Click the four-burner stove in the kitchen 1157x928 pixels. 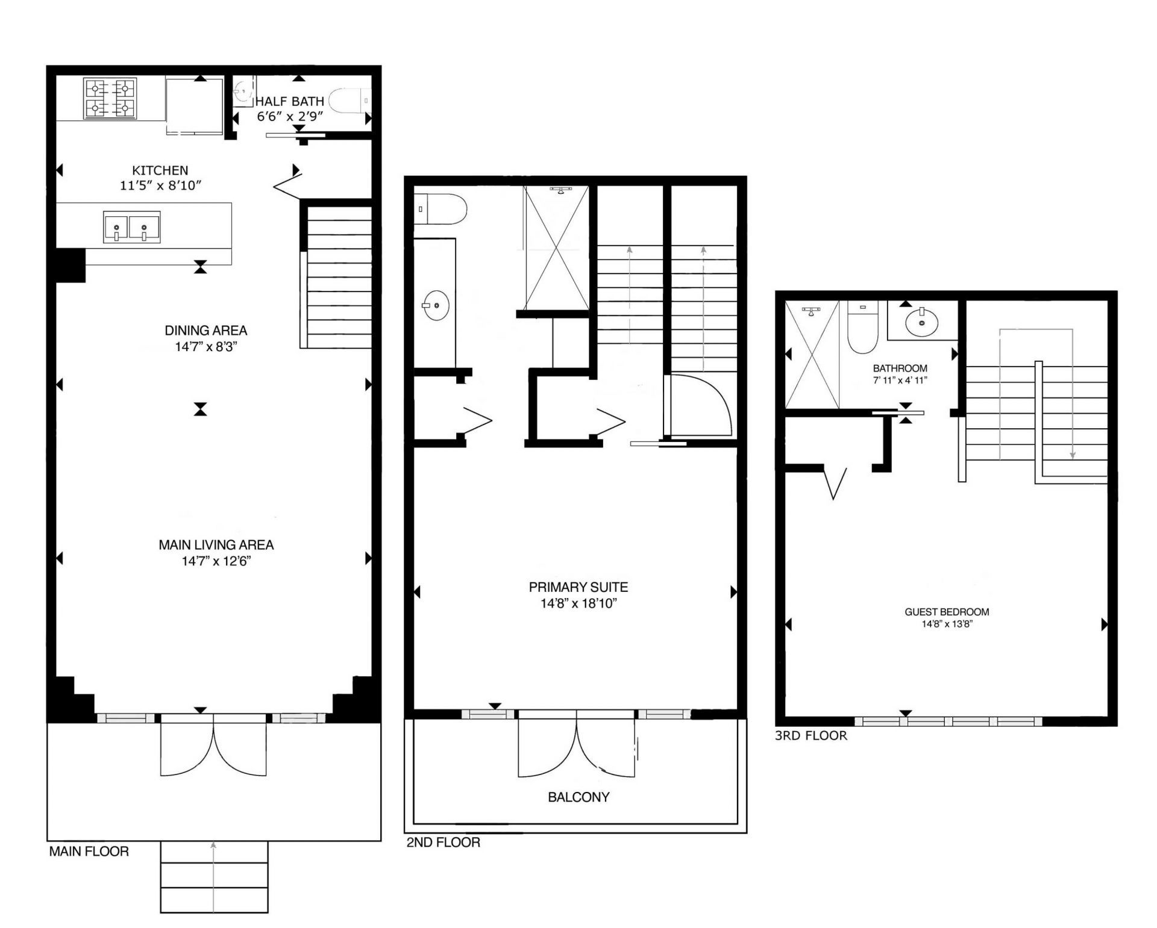click(x=109, y=98)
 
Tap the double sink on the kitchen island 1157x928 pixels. click(x=131, y=227)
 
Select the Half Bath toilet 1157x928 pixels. click(x=351, y=101)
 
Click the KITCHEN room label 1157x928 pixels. click(x=160, y=170)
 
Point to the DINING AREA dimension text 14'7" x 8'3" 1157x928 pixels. click(x=207, y=347)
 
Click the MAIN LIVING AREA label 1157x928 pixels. click(x=216, y=545)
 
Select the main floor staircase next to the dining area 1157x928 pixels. click(x=338, y=277)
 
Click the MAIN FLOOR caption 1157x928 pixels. click(x=89, y=852)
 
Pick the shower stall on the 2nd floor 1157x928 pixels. click(x=556, y=248)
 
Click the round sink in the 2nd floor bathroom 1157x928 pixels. click(x=436, y=306)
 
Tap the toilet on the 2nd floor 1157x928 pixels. click(x=442, y=208)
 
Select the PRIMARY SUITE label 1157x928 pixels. click(x=578, y=587)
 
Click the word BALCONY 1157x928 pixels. click(x=578, y=797)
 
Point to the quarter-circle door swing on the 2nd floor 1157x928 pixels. click(x=702, y=405)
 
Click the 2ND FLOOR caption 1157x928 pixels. click(x=443, y=842)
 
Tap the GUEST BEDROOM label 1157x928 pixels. click(x=946, y=612)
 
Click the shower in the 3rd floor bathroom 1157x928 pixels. click(x=812, y=355)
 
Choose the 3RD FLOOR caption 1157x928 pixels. click(x=811, y=735)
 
